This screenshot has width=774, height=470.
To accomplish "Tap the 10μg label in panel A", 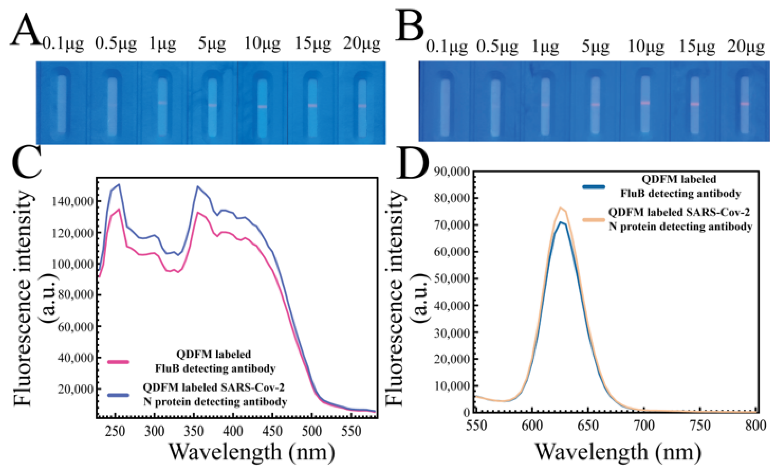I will click(x=262, y=44).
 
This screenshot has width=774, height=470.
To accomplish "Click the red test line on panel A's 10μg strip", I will click(x=263, y=107).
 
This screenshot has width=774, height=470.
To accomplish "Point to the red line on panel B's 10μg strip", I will click(x=645, y=103).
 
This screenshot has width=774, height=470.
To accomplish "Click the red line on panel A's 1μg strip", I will click(x=162, y=103).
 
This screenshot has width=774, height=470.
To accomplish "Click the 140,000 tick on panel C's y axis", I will click(x=76, y=202).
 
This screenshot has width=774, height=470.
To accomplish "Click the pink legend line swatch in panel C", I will click(x=118, y=362).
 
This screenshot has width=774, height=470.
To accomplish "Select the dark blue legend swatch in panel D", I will click(x=594, y=186).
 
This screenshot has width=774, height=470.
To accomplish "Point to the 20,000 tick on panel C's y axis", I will click(x=76, y=389).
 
